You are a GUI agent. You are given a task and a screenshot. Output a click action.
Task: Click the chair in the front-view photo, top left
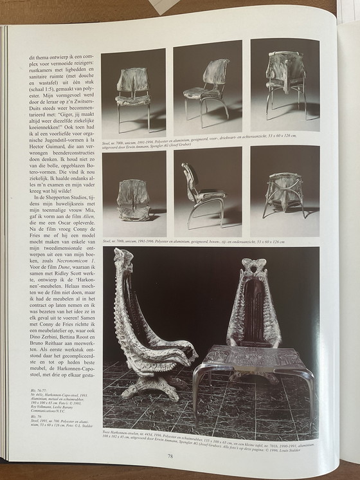[133, 96]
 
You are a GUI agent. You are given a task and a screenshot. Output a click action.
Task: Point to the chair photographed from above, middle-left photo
[133, 199]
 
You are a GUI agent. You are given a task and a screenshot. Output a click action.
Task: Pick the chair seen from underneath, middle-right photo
[283, 193]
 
